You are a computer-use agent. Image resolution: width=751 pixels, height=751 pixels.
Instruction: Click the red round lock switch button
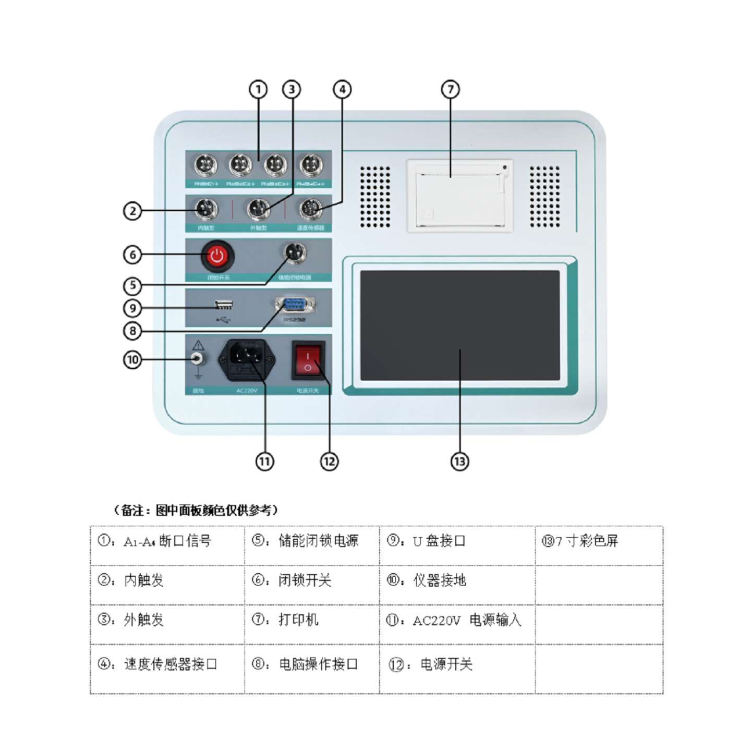pos(217,256)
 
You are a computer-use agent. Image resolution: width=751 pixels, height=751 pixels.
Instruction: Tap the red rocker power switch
pos(308,359)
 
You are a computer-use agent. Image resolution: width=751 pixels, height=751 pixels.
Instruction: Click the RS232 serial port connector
pos(295,305)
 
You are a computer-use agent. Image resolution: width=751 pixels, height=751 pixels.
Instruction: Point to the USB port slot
pos(224,305)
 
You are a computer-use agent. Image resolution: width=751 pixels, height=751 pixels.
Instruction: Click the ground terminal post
pos(198,359)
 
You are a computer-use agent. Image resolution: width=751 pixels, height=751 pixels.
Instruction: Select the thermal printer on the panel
pos(459,196)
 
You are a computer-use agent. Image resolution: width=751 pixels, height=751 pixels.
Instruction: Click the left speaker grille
pos(374,197)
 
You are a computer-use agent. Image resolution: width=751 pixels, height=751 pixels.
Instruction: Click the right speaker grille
pos(545,197)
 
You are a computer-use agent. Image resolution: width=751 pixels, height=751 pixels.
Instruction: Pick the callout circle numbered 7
pos(451,89)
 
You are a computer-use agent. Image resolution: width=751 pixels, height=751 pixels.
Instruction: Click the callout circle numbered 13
pos(459,461)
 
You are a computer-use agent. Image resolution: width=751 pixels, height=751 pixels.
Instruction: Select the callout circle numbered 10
pos(132,360)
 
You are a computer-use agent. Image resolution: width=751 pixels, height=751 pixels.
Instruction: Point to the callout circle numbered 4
pos(342,89)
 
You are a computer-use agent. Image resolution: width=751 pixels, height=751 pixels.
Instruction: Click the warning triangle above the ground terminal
pos(198,345)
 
